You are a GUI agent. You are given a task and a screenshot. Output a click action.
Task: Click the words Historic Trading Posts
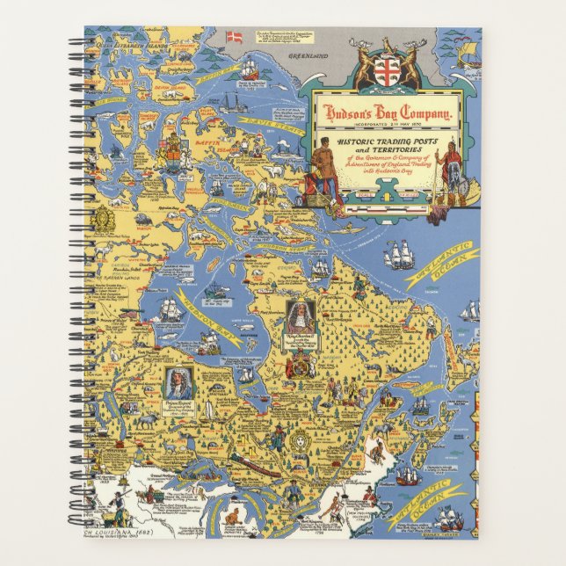[385, 141]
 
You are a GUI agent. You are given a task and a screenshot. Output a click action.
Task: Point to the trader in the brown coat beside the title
[323, 171]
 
